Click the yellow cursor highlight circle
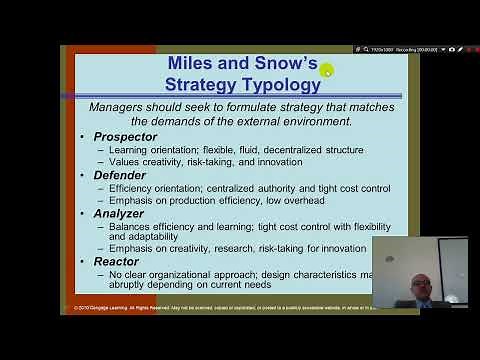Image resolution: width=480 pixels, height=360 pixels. coord(325,69)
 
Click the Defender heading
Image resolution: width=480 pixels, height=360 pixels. coord(119,174)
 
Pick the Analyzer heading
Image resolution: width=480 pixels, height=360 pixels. coord(120,212)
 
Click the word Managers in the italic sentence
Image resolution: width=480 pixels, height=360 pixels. coord(121,107)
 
